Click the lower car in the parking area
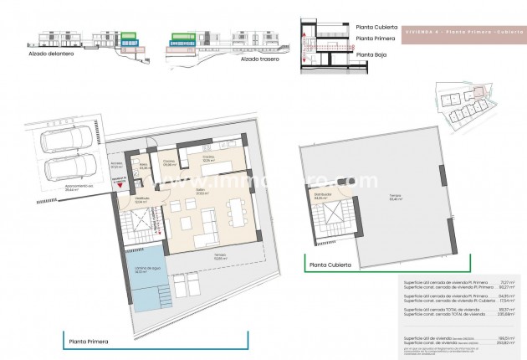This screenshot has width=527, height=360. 62,167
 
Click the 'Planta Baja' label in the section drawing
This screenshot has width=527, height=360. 372,55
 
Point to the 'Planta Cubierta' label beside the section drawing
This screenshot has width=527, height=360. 376,25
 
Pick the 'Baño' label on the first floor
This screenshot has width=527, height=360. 143,166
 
